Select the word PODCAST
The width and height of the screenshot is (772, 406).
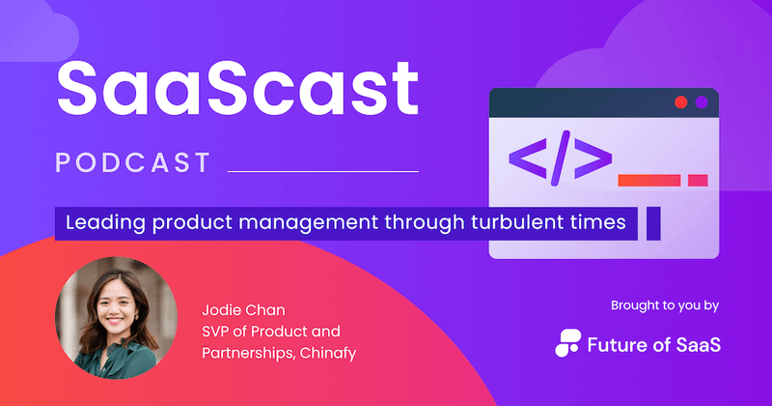pyautogui.click(x=133, y=162)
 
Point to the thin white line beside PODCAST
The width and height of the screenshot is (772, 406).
pyautogui.click(x=322, y=171)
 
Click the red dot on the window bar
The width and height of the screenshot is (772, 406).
pyautogui.click(x=680, y=101)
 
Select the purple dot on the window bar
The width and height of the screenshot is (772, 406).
pyautogui.click(x=702, y=101)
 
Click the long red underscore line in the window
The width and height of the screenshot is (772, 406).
pyautogui.click(x=648, y=180)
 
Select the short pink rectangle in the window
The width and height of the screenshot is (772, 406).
pyautogui.click(x=698, y=180)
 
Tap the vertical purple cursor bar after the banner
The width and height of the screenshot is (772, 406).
pyautogui.click(x=653, y=223)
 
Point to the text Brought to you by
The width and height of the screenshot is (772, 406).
pyautogui.click(x=665, y=306)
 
